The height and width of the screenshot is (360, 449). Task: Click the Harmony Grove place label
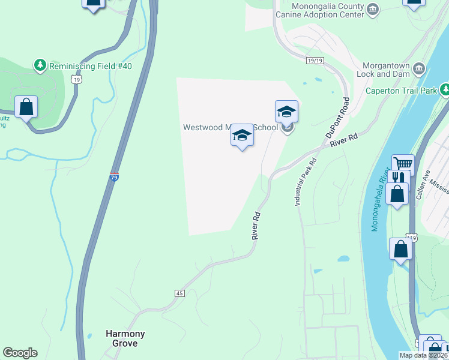125,338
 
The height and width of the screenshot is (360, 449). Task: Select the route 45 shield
179,293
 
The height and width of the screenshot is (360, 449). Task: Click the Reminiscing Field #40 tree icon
40,65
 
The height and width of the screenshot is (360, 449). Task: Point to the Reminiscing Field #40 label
90,66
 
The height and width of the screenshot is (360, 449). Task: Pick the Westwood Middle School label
231,127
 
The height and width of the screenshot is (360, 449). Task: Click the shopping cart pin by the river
403,164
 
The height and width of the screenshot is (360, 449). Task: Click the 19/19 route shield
315,61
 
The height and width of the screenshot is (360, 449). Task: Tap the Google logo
20,353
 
